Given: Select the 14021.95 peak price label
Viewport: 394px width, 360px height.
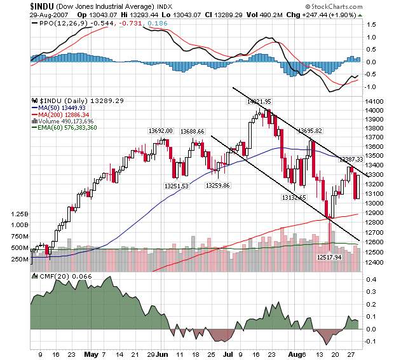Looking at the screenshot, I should (x=259, y=101).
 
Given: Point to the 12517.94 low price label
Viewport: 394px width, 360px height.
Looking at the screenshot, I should (x=330, y=258).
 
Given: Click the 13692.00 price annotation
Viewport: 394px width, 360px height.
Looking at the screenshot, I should (x=161, y=130).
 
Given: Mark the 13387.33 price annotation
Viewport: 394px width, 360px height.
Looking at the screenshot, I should (x=350, y=159).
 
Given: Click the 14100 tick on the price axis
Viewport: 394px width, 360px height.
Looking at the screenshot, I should (x=374, y=101).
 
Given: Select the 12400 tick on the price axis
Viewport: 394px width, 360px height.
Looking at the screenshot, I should (x=374, y=261).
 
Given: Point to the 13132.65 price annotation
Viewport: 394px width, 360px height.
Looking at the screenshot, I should (x=294, y=197).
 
